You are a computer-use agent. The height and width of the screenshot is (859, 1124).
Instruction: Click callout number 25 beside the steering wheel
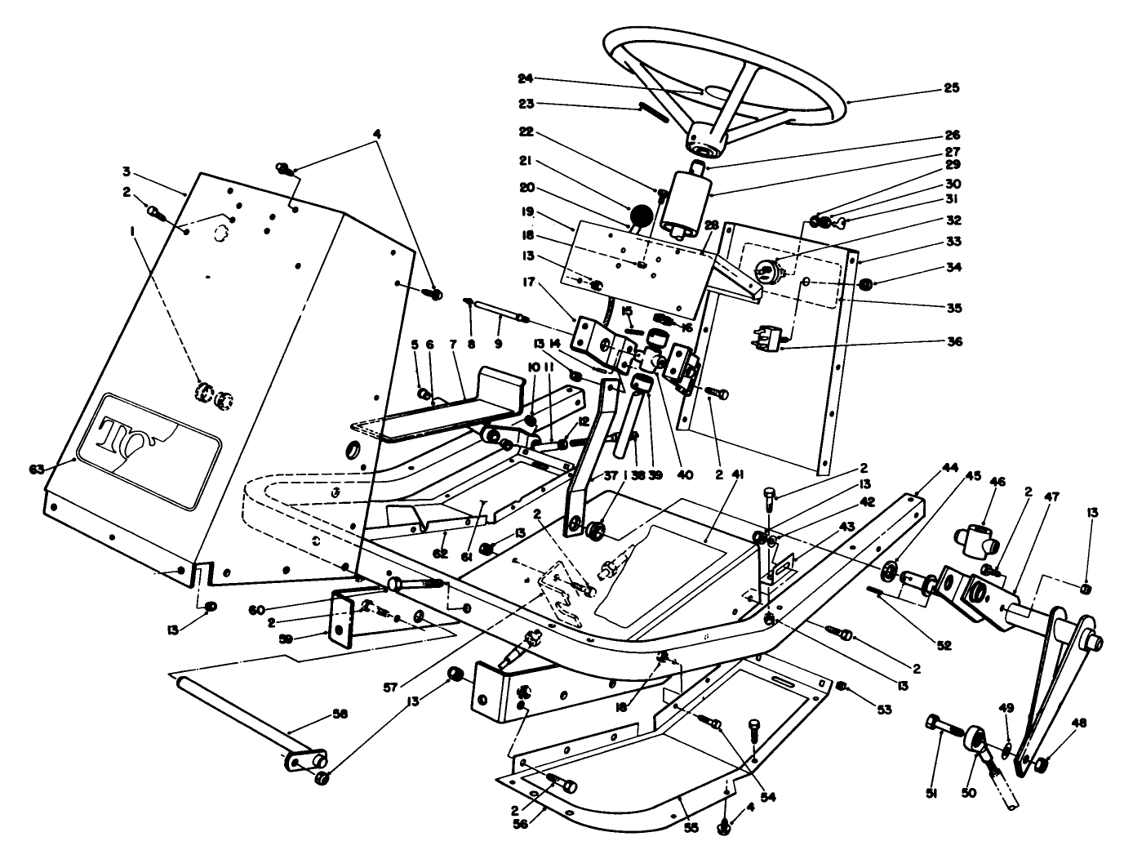952,87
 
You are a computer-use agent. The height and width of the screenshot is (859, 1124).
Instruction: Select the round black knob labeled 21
642,216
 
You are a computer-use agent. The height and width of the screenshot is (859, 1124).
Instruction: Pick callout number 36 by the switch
953,342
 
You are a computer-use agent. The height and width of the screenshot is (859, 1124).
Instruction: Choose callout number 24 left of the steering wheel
525,78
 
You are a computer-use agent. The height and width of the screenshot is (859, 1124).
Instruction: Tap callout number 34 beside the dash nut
953,266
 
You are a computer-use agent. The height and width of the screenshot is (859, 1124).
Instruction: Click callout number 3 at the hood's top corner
127,171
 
